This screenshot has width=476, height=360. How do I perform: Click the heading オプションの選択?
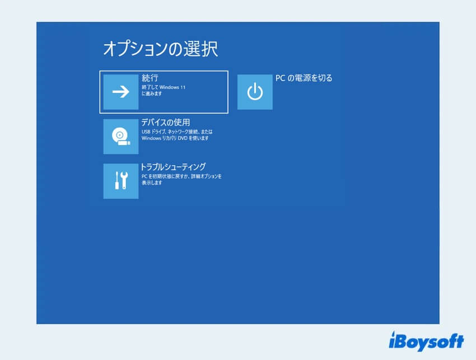tap(160, 49)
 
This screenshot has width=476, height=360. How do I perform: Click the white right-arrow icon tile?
tap(121, 92)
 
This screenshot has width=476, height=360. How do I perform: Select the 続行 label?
tap(150, 78)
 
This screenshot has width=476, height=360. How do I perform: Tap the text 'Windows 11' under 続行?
tap(172, 87)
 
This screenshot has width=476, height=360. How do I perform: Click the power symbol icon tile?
tap(255, 92)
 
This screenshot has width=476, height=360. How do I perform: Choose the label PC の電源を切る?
tap(304, 78)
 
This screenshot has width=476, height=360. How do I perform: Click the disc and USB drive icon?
tap(121, 136)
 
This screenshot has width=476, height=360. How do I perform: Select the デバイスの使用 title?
tap(166, 122)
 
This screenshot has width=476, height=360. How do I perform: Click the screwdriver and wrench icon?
tap(121, 181)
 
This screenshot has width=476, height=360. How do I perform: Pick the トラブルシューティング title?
tap(173, 166)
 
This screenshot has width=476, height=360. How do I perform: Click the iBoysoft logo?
tap(426, 340)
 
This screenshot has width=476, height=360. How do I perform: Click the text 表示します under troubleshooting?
tap(152, 183)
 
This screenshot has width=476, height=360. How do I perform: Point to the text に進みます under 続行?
tap(152, 93)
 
